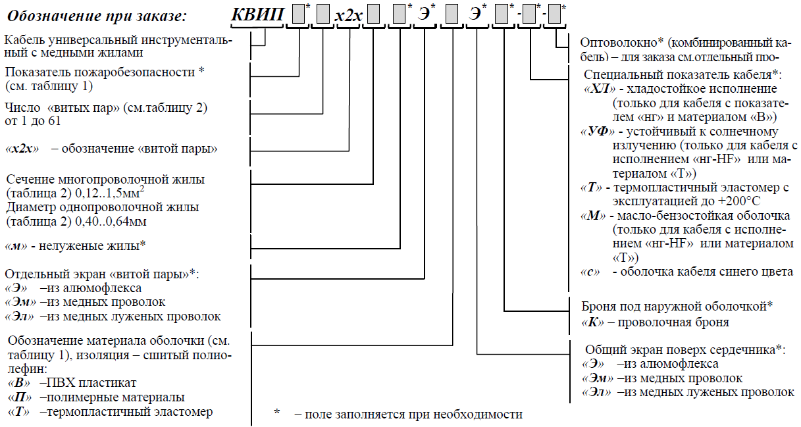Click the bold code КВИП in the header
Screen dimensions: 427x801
coord(257,14)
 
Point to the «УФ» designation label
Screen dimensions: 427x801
coord(594,131)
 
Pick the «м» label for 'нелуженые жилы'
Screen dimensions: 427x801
coord(16,245)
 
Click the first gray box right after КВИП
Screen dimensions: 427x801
coord(298,14)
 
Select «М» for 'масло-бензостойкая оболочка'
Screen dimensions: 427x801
coord(594,216)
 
